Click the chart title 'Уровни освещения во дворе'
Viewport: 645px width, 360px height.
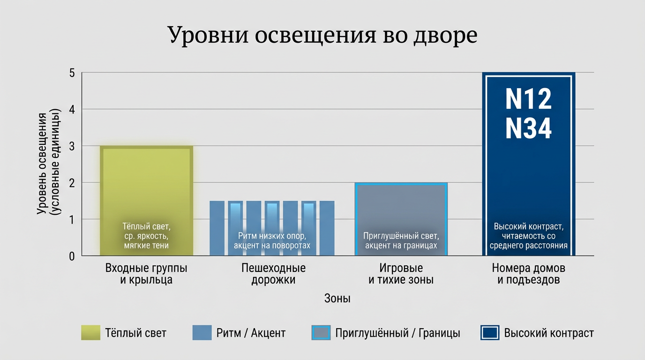click(322, 35)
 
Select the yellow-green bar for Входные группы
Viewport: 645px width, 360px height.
click(146, 187)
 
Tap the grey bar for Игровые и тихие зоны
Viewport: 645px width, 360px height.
click(402, 206)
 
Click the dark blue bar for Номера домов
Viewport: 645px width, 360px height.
click(529, 178)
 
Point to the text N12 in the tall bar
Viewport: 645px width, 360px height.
click(528, 99)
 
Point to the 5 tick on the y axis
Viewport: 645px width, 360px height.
click(72, 73)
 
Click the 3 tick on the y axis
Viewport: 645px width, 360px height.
click(72, 146)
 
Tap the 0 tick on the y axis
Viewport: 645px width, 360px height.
click(72, 256)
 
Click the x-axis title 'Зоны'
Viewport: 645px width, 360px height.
click(337, 299)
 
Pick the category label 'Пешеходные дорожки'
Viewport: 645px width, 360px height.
click(273, 274)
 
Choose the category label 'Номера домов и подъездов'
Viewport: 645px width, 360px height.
click(528, 274)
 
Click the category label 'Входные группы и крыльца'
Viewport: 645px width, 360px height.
click(146, 274)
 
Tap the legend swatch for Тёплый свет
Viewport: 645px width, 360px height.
click(90, 333)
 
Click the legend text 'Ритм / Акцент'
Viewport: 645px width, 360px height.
click(251, 333)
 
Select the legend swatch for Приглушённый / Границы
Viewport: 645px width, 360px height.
click(321, 333)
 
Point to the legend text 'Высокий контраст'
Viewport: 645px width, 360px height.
click(549, 333)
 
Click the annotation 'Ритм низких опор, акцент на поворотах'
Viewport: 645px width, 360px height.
click(272, 240)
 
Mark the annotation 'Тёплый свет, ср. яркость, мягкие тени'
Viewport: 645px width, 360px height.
click(146, 236)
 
